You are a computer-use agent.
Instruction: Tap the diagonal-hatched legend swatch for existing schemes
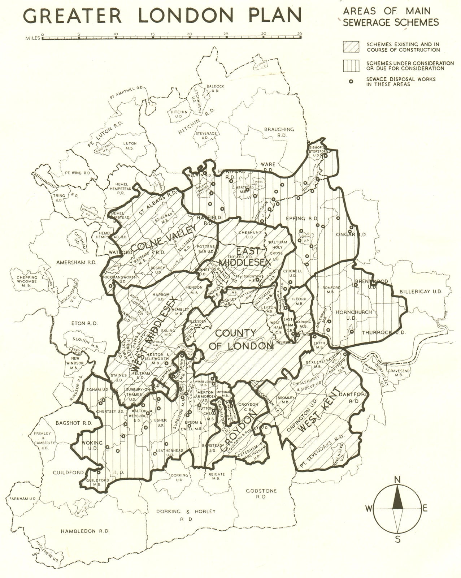pos(351,47)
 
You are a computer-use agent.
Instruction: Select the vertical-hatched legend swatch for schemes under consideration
pos(351,65)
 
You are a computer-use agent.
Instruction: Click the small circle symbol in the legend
pos(350,82)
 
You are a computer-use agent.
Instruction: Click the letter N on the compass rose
pos(397,480)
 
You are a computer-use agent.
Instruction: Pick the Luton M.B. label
pos(129,146)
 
